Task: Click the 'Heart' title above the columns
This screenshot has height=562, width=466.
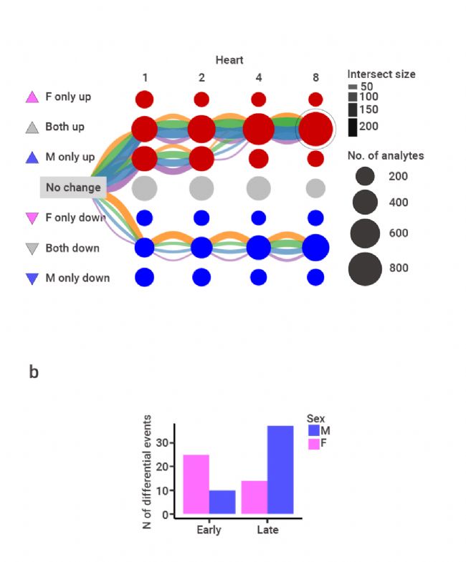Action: pos(229,60)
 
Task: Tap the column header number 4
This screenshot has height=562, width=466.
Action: pos(259,77)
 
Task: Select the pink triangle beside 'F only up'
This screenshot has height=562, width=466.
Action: pos(32,97)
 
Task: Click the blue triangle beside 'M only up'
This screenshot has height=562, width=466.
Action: pos(32,157)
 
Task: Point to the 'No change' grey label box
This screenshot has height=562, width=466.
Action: pos(73,188)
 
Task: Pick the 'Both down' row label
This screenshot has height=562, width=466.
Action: pos(72,248)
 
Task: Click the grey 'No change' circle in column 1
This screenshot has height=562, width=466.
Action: pos(144,188)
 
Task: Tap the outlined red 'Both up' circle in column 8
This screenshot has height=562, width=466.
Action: pos(316,130)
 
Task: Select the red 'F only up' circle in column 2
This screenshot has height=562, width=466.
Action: pos(201,99)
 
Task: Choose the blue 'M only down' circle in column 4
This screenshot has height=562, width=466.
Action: pos(259,277)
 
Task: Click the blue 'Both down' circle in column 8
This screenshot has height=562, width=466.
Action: pos(315,248)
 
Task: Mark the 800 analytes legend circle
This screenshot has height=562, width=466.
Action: pos(366,268)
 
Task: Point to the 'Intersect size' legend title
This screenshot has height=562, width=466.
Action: pos(381,74)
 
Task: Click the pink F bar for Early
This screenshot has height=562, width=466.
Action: pos(196,483)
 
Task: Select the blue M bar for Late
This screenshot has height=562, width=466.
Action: pos(280,469)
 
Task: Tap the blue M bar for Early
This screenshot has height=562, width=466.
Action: pos(223,501)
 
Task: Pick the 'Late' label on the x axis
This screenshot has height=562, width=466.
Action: pos(267,530)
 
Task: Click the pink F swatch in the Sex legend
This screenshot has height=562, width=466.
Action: pos(313,445)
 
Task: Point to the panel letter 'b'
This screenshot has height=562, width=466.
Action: pos(34,373)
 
